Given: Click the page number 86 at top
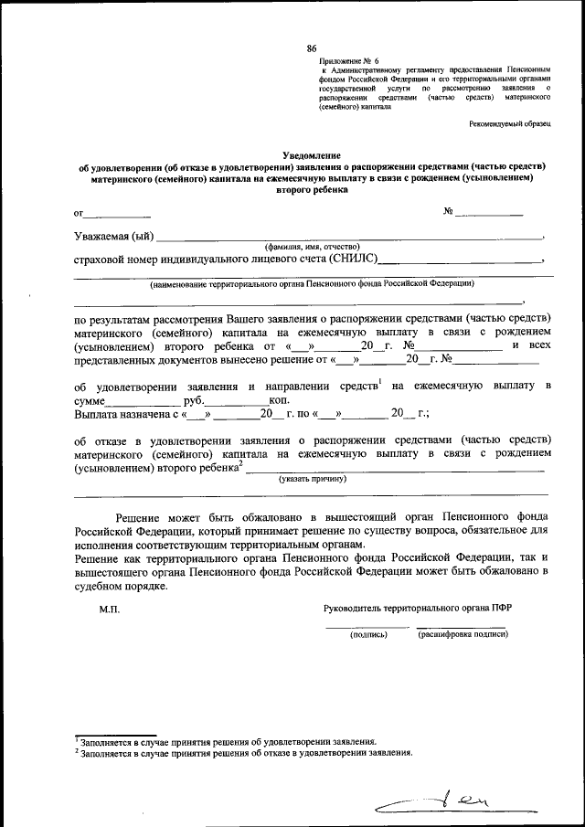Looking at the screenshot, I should [312, 48].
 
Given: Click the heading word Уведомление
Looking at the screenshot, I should [312, 156].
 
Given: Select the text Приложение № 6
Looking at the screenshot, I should [346, 59].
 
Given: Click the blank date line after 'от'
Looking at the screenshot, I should [117, 216].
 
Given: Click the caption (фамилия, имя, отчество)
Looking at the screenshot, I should [313, 247].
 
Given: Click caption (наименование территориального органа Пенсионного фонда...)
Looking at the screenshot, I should [312, 284].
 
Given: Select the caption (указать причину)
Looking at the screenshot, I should [312, 478].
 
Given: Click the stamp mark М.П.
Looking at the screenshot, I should [109, 608].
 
